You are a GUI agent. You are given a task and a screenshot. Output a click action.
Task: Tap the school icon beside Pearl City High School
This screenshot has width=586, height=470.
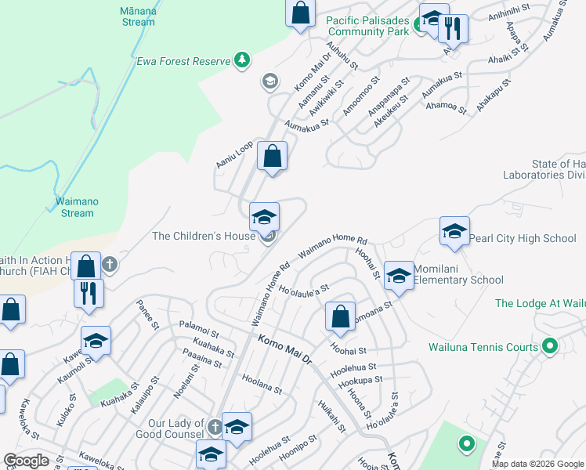pyautogui.click(x=454, y=231)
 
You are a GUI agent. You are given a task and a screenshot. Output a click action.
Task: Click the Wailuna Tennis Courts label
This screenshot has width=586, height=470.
pyautogui.click(x=483, y=347)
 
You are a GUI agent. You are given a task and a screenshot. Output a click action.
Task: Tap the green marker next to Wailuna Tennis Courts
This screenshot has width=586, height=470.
pyautogui.click(x=550, y=345)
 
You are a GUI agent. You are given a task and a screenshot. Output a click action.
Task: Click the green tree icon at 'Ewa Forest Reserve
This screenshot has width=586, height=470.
pyautogui.click(x=243, y=60)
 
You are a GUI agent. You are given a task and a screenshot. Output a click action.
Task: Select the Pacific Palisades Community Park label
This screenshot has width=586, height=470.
pyautogui.click(x=368, y=26)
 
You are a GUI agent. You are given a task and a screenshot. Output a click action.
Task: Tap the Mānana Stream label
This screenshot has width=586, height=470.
pyautogui.click(x=138, y=16)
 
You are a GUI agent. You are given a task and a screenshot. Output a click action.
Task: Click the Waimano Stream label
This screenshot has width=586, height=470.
pyautogui.click(x=77, y=207)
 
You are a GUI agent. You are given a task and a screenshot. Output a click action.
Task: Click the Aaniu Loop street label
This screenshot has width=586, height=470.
pyautogui.click(x=234, y=154)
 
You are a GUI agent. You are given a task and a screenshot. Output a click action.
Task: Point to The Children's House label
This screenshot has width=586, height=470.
pyautogui.click(x=204, y=236)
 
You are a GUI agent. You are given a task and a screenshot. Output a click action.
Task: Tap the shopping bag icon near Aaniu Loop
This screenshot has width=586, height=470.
pyautogui.click(x=272, y=156)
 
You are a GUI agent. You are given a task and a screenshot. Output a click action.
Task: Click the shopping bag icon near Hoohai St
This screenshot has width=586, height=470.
pyautogui.click(x=340, y=316)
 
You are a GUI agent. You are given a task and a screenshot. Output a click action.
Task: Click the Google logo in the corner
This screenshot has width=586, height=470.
pyautogui.click(x=26, y=461)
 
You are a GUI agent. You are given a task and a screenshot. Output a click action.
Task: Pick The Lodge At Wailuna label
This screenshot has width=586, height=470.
pyautogui.click(x=541, y=303)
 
